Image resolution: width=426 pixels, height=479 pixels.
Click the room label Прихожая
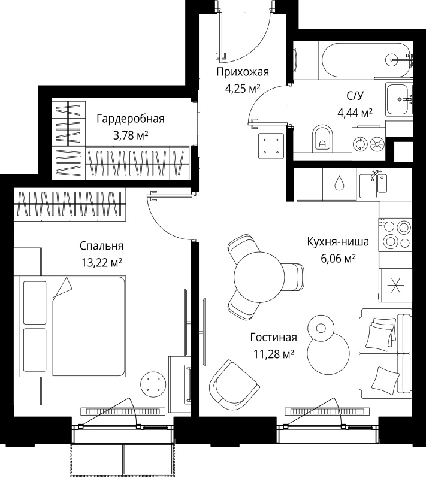(243, 72)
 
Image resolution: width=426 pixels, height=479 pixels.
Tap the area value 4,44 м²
(355, 113)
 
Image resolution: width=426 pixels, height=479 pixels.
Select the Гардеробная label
(131, 119)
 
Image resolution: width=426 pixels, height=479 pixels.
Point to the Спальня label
(101, 245)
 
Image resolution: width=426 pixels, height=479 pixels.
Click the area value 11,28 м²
(273, 354)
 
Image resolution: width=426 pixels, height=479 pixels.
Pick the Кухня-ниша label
(338, 242)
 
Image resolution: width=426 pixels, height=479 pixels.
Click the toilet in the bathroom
(322, 138)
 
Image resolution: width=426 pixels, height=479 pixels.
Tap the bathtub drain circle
(391, 59)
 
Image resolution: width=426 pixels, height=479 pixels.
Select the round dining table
(259, 277)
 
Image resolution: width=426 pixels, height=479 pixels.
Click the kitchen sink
(373, 186)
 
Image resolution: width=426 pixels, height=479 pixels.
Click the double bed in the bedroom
(72, 326)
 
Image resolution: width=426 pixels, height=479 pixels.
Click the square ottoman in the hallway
(271, 145)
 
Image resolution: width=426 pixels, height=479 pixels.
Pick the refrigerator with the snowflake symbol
(395, 286)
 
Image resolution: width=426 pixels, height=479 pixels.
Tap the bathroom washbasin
(399, 99)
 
